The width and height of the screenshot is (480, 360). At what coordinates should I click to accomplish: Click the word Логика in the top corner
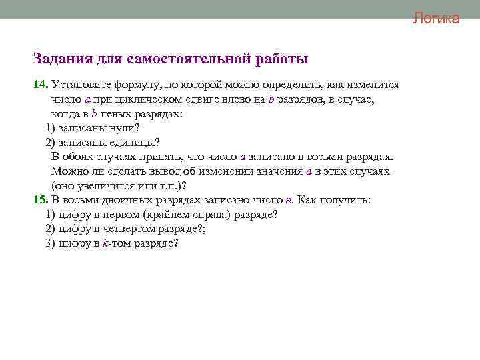pyautogui.click(x=436, y=19)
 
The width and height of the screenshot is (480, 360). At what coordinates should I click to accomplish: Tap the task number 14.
pyautogui.click(x=41, y=85)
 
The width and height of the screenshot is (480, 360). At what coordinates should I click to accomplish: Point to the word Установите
pyautogui.click(x=83, y=85)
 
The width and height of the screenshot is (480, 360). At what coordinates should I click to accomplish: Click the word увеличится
pyautogui.click(x=105, y=185)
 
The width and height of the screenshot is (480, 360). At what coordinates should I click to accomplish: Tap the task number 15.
pyautogui.click(x=41, y=200)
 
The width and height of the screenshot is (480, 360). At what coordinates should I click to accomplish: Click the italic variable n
pyautogui.click(x=288, y=200)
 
